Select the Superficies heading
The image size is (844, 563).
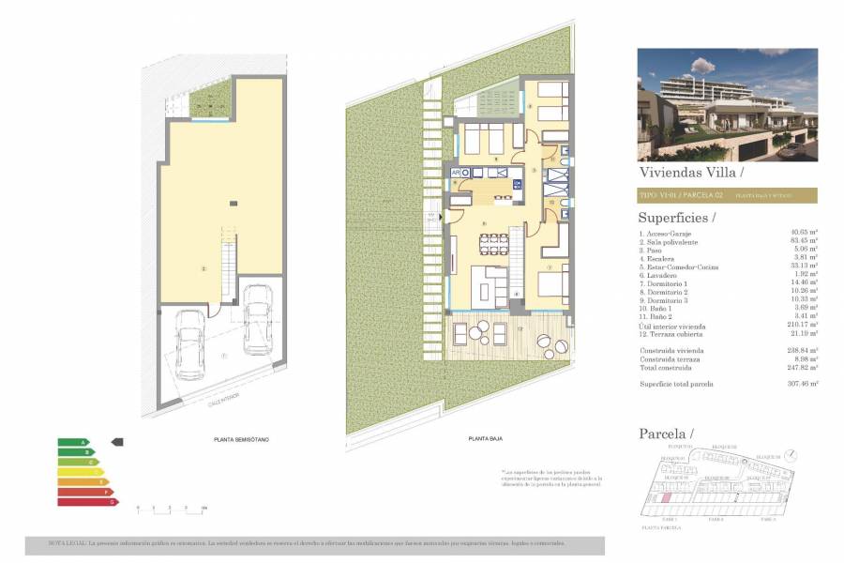point(676,218)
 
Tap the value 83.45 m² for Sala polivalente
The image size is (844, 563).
point(805,241)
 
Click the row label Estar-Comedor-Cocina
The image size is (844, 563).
point(679,266)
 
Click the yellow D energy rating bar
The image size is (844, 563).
point(81,472)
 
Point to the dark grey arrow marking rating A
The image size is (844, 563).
point(117,441)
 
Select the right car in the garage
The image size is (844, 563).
point(257,319)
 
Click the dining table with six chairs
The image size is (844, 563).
point(492,244)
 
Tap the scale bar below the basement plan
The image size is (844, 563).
point(170,507)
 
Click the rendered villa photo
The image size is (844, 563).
point(727,104)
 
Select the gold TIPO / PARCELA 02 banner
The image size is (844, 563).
point(727,195)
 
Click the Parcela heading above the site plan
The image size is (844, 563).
point(666,434)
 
